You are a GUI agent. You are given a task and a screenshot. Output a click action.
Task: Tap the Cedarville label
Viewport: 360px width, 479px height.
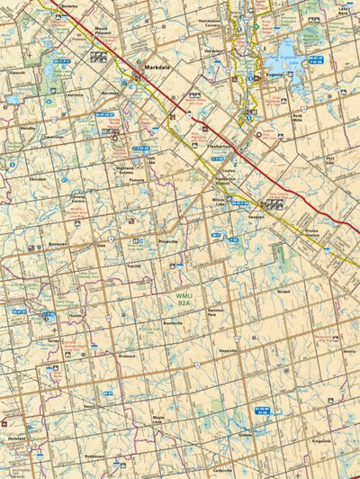(x=223, y=470)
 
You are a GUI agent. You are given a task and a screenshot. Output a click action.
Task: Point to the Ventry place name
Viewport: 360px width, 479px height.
(x=350, y=352)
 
